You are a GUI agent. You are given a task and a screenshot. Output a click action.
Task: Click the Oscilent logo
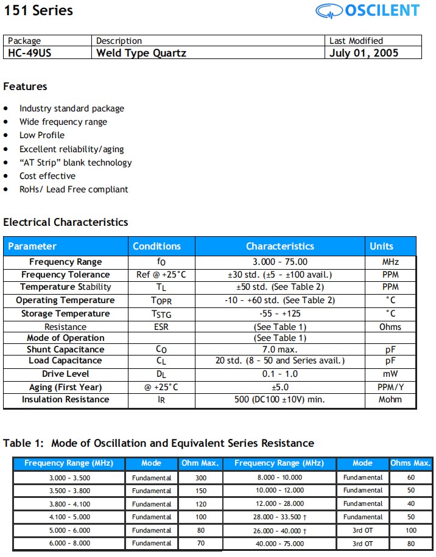[x=367, y=10]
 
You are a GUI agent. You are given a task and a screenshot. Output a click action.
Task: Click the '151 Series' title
[x=38, y=10]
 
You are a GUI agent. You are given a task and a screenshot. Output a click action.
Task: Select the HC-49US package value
[x=30, y=53]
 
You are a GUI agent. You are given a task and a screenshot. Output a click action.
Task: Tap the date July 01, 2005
[x=364, y=53]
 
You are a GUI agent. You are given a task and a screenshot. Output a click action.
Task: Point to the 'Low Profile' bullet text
[x=41, y=135]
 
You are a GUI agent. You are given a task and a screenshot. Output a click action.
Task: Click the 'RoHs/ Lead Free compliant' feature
[x=74, y=189]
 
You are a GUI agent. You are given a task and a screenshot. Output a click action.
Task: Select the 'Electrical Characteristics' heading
[x=66, y=222]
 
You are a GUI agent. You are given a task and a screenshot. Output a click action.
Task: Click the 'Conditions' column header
[x=156, y=247]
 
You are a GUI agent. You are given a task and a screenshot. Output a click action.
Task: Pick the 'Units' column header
[x=382, y=247]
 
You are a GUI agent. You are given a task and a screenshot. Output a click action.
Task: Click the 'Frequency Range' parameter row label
[x=66, y=262]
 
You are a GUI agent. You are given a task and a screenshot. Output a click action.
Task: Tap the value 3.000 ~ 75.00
[x=280, y=262]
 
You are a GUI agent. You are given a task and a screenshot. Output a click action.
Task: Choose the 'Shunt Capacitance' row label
[x=65, y=349]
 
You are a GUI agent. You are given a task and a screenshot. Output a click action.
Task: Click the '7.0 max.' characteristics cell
[x=280, y=349]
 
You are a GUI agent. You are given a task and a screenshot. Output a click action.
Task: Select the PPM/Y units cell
[x=390, y=387]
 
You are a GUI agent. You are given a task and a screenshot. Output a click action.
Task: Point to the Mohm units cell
[x=390, y=400]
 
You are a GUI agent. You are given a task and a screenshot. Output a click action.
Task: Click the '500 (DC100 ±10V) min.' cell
[x=280, y=400]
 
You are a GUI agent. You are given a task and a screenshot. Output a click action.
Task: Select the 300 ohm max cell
[x=201, y=478]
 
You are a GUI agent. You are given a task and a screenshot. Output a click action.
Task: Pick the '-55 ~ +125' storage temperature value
[x=280, y=314]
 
